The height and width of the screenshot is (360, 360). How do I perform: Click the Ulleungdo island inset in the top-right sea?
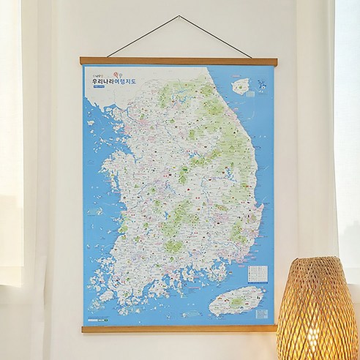(x=240, y=86)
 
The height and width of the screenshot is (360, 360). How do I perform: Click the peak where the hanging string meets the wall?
(x=179, y=17)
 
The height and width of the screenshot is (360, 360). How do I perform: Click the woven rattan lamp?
(x=318, y=311)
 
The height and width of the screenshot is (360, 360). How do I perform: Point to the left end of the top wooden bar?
(x=83, y=61)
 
